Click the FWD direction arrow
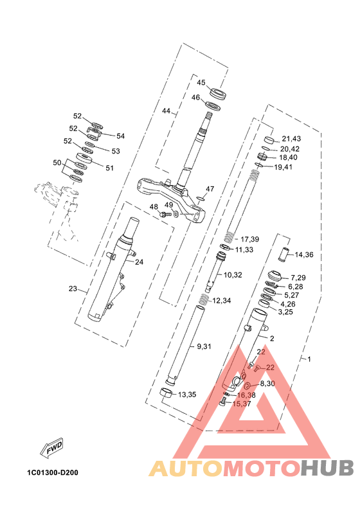(51, 448)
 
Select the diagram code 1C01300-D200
(53, 472)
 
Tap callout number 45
(201, 82)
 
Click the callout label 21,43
(291, 139)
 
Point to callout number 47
(210, 189)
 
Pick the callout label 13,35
(187, 395)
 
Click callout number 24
(139, 262)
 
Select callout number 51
(110, 168)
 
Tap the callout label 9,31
(204, 346)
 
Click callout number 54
(120, 136)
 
